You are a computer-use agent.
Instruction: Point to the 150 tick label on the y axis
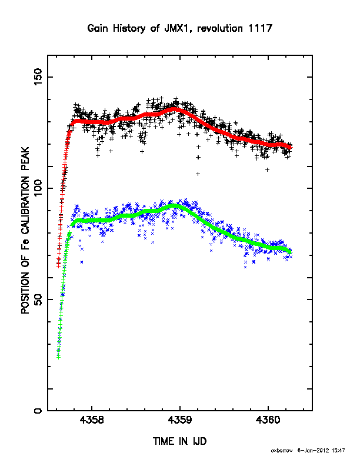38,76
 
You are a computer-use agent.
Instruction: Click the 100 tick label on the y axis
38,188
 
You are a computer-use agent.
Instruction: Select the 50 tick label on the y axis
38,299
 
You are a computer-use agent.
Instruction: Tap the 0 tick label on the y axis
38,411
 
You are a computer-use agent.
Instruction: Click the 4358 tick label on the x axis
92,421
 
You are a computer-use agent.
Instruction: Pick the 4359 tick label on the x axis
180,421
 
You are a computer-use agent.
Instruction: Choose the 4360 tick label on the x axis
268,421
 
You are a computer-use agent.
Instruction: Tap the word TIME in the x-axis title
164,441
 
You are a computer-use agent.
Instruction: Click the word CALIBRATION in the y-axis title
25,206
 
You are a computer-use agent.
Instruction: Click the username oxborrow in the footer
282,451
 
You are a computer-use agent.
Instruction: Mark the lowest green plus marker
58,357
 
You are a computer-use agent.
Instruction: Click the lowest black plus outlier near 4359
198,174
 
